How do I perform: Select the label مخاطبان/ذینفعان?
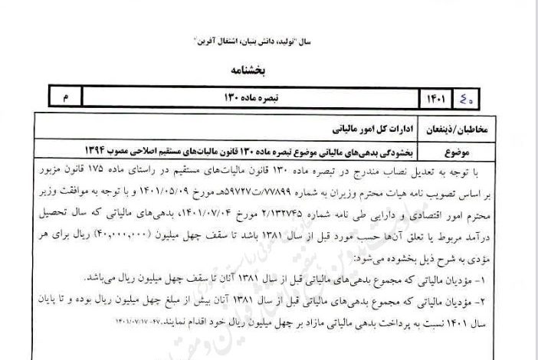pos(471,125)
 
